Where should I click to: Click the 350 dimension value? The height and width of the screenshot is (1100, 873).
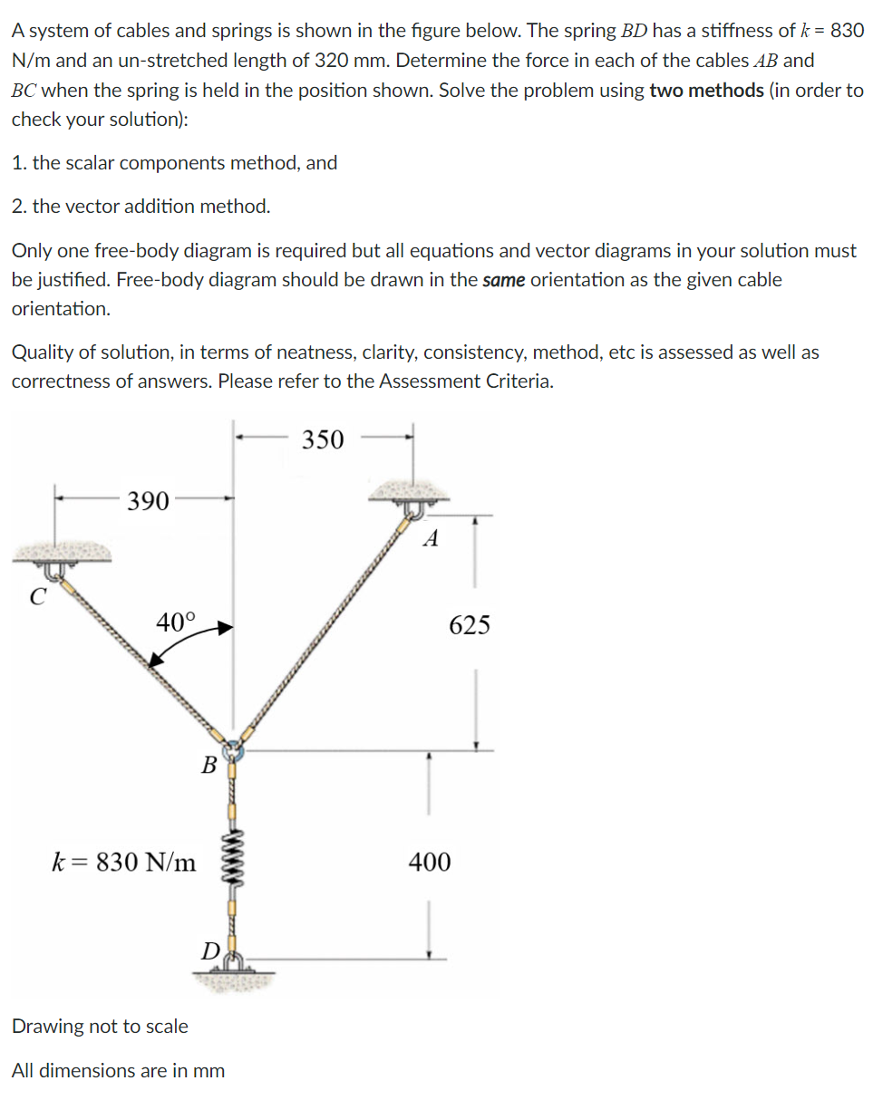pos(323,440)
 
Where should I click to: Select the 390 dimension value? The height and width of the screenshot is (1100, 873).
pos(148,501)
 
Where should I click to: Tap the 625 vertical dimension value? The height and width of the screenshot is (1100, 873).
pos(470,625)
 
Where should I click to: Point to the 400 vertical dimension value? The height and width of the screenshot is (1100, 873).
pos(429,862)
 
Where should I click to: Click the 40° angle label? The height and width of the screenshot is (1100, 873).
pos(175,622)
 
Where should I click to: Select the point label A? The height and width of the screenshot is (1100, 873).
pos(432,540)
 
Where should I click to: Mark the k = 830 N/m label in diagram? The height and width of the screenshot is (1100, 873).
pos(123,862)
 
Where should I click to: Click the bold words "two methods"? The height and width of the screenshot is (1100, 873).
pos(706,92)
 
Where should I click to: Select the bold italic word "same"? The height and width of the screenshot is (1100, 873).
pos(503,280)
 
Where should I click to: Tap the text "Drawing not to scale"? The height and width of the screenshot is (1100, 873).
pos(100,1027)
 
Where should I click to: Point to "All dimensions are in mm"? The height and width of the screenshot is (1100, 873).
pos(118,1071)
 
